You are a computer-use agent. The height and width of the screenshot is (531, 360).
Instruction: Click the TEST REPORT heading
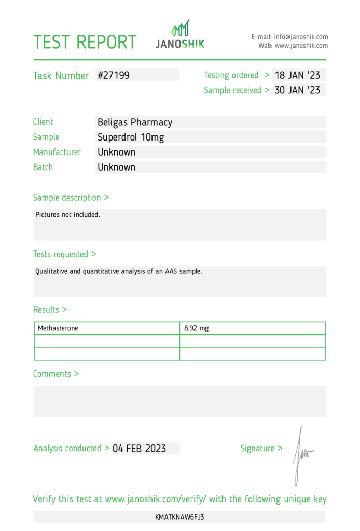pyautogui.click(x=85, y=42)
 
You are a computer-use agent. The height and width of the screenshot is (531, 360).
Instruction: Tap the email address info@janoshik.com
pyautogui.click(x=301, y=37)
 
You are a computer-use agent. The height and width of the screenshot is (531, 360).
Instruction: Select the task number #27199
pyautogui.click(x=114, y=75)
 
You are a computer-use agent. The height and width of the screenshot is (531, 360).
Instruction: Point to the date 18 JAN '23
pyautogui.click(x=297, y=75)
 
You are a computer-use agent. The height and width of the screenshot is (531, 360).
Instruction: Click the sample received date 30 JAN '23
pyautogui.click(x=297, y=90)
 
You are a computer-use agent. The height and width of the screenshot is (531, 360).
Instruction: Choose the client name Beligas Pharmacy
pyautogui.click(x=135, y=122)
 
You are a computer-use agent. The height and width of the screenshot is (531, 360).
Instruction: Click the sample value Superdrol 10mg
pyautogui.click(x=131, y=137)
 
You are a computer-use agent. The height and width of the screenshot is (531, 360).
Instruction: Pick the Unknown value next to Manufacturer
pyautogui.click(x=117, y=152)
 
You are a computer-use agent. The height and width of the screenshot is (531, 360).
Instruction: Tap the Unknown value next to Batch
pyautogui.click(x=117, y=167)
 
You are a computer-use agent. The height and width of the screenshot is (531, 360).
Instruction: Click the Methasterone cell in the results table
pyautogui.click(x=58, y=328)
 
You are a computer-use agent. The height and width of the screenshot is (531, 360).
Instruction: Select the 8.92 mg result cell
pyautogui.click(x=197, y=328)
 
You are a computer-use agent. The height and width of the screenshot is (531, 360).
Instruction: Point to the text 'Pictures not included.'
pyautogui.click(x=67, y=214)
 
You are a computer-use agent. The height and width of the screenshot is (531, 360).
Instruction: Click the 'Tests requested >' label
pyautogui.click(x=64, y=254)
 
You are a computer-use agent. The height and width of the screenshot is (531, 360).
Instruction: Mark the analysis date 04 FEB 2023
pyautogui.click(x=139, y=449)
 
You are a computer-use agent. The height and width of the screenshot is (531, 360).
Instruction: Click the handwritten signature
pyautogui.click(x=300, y=454)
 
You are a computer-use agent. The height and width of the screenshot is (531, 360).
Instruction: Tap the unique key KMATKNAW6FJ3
pyautogui.click(x=179, y=517)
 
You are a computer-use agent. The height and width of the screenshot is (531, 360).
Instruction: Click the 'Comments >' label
pyautogui.click(x=56, y=374)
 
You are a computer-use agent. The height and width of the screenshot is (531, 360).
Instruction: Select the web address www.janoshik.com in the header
pyautogui.click(x=301, y=46)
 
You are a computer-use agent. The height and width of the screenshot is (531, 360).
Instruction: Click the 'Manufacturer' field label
pyautogui.click(x=57, y=152)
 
